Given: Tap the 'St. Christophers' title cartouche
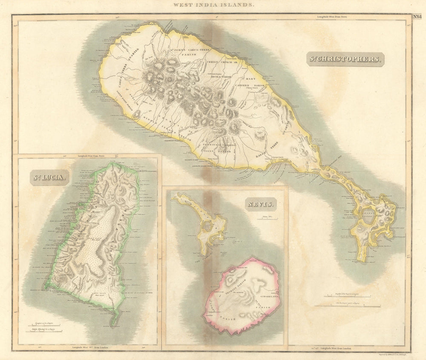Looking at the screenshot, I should [345, 59].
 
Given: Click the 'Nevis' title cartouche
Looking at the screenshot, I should [261, 204].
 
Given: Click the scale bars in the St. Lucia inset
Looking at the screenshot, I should [45, 327].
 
